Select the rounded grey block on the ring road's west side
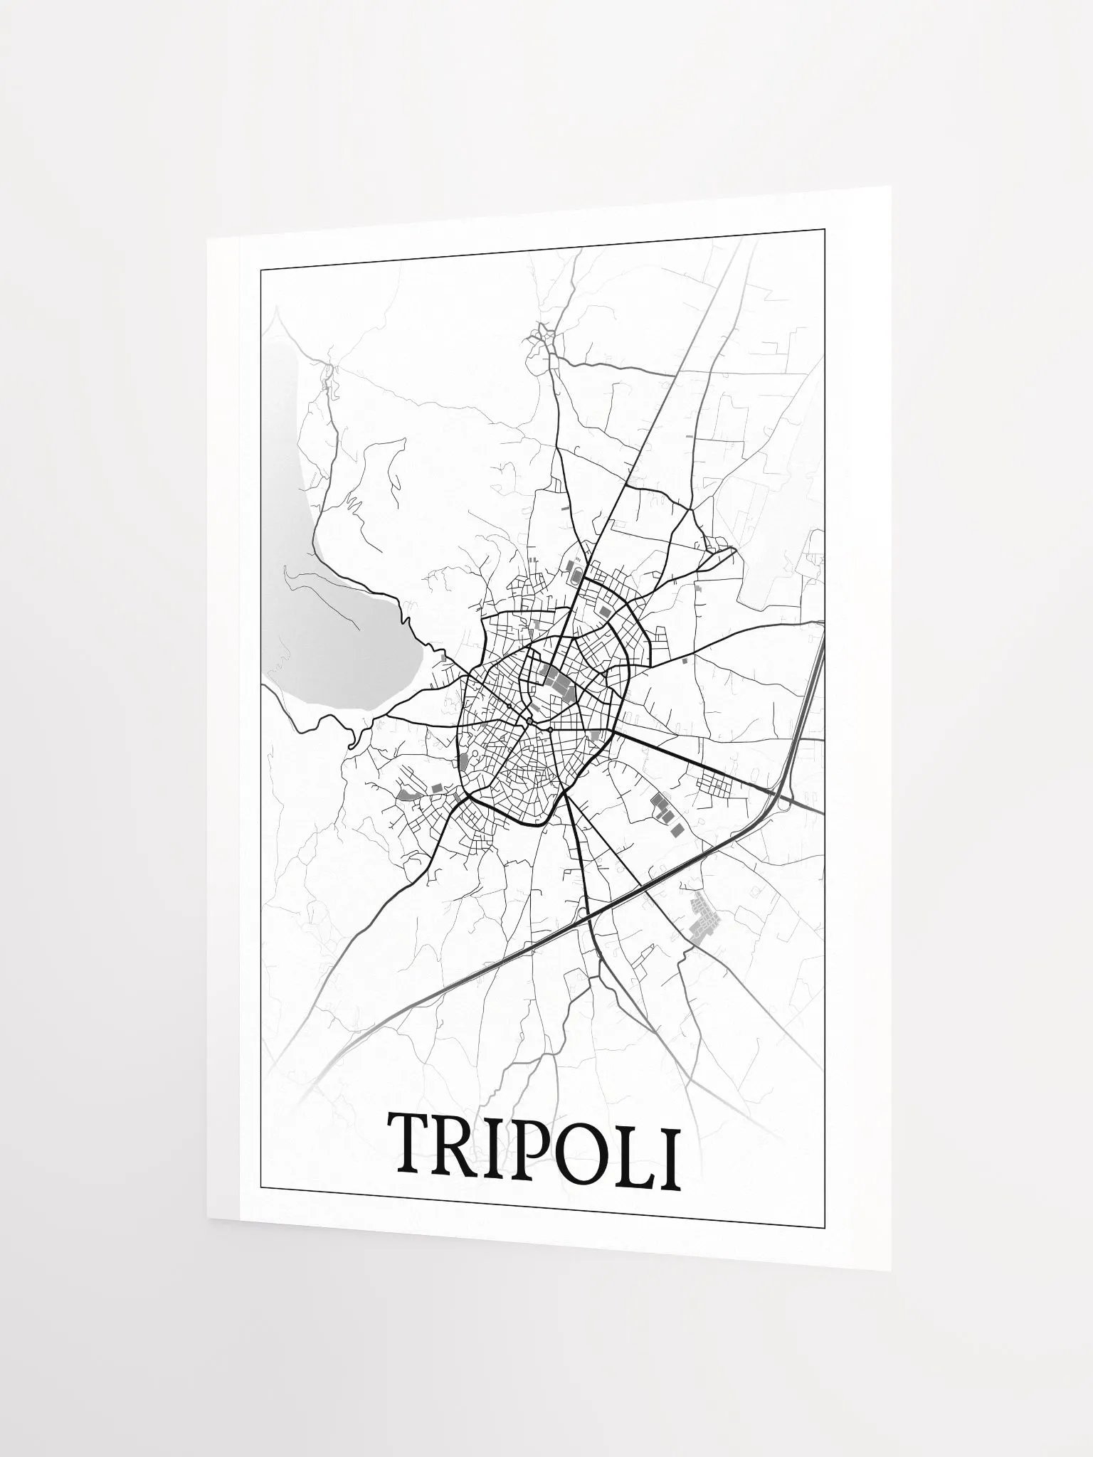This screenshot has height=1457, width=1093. point(465,761)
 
